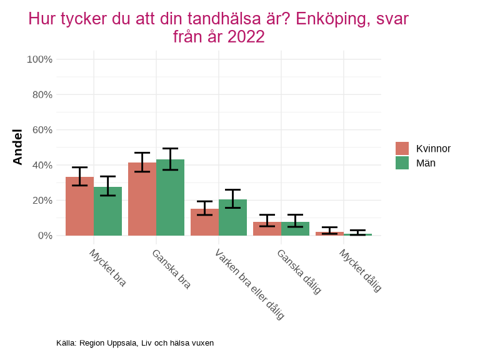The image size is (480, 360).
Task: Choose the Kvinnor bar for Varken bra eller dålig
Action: [204, 222]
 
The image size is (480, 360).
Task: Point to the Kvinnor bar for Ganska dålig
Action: [267, 229]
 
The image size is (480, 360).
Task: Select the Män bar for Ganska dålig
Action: [295, 229]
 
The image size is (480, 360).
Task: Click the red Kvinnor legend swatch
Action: [402, 148]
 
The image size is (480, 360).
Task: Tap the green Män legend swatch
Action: [402, 162]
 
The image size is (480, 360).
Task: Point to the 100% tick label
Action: [39, 59]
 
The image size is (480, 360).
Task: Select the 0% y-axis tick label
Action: [44, 236]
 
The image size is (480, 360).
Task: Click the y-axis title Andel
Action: [17, 147]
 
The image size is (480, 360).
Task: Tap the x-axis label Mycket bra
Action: [107, 268]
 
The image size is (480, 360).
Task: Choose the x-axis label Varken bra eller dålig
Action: [249, 284]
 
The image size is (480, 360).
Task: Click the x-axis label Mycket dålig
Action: [360, 271]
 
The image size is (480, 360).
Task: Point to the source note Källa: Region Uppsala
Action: [135, 343]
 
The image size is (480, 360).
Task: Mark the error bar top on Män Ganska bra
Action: [170, 148]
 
